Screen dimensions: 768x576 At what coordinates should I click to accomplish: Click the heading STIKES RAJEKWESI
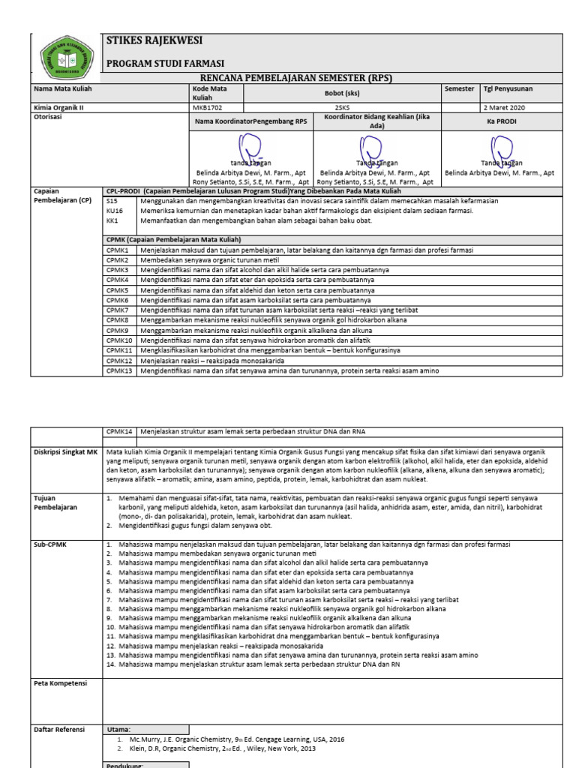pyautogui.click(x=155, y=40)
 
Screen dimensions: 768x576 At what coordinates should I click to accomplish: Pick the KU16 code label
pyautogui.click(x=114, y=211)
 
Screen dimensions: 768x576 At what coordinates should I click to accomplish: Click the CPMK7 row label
pyautogui.click(x=117, y=309)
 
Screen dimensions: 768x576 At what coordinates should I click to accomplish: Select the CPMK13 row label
pyautogui.click(x=119, y=370)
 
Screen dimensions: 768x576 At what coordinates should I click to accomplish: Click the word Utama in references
pyautogui.click(x=119, y=729)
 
